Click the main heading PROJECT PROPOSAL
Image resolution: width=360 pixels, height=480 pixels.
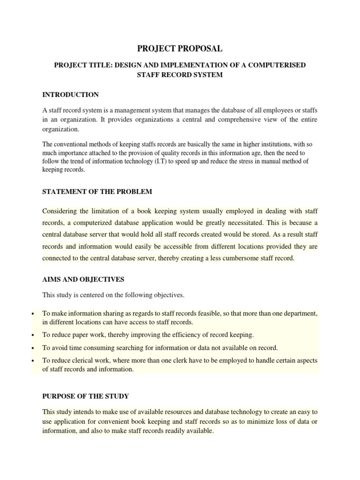tap(180, 48)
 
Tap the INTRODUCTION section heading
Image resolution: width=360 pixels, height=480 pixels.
tap(71, 95)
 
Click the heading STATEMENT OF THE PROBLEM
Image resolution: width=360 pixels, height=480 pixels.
tap(97, 192)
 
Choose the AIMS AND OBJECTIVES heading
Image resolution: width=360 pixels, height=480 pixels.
tap(83, 279)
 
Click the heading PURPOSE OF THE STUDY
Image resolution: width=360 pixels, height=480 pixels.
tap(85, 397)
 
